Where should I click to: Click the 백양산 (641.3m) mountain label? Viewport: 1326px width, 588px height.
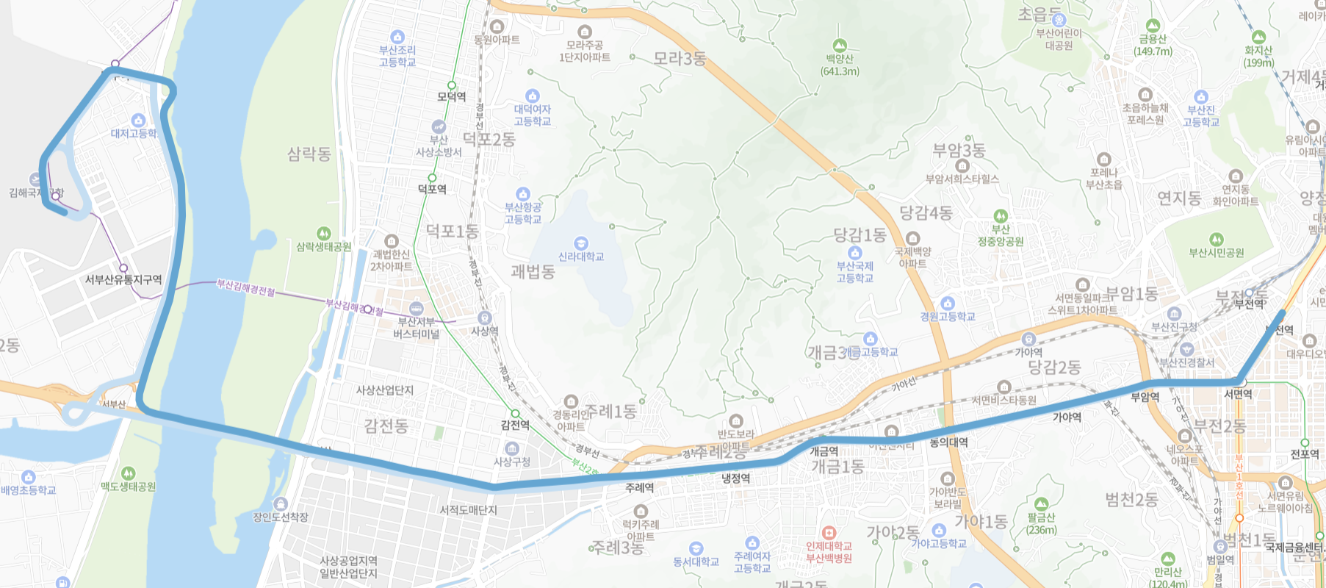coord(840,65)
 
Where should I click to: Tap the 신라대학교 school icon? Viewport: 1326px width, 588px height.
coord(581,243)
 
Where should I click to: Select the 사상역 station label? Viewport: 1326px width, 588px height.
coord(484,331)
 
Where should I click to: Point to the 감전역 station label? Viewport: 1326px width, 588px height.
coord(515,426)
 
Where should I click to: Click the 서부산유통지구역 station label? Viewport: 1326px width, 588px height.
coord(123,280)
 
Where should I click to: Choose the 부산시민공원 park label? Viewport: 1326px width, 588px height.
coord(1217,253)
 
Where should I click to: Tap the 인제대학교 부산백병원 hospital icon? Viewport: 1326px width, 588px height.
coord(829,532)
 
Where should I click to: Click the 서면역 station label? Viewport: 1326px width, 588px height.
coord(1238,395)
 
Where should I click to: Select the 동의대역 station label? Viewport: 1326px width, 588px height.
coord(948,442)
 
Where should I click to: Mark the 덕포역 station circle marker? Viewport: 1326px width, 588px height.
coord(432,178)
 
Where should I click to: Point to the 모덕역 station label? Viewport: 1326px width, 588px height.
coord(451,97)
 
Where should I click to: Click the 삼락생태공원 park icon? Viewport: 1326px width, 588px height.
coord(323,234)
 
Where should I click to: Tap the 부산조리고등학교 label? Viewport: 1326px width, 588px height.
coord(397,56)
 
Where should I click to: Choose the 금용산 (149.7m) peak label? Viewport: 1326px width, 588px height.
coord(1153,46)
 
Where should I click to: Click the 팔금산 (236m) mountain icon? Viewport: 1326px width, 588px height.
coord(1041,504)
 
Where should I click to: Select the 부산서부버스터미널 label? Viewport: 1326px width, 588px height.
coord(416,328)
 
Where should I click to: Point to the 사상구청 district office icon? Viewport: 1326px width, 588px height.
coord(512,448)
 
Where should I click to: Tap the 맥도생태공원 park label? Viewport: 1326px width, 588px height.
coord(128,487)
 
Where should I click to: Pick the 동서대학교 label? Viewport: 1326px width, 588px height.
coord(696,562)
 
